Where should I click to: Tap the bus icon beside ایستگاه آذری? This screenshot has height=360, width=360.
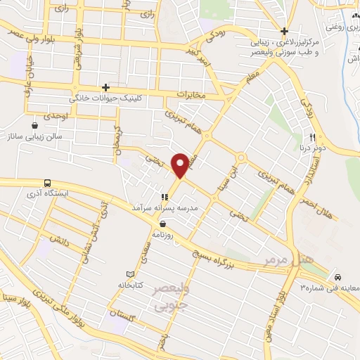(47, 182)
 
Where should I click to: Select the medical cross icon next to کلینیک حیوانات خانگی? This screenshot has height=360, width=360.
(105, 87)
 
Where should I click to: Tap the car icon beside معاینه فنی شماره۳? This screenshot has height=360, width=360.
(339, 276)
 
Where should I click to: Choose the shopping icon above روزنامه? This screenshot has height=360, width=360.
(162, 224)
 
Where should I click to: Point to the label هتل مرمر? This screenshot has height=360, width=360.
(307, 260)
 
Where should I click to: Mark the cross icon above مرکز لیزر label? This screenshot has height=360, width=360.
(284, 31)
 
